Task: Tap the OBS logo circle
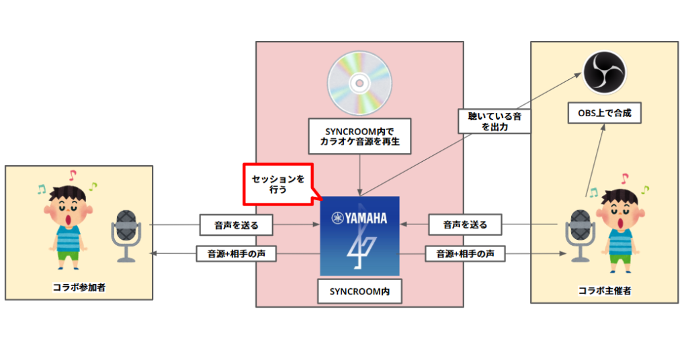tap(603, 73)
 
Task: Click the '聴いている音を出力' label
tap(494, 121)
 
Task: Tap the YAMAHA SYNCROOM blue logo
tap(359, 236)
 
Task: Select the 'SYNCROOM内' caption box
tap(359, 291)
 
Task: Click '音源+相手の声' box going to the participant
tap(234, 254)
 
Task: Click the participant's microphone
tap(126, 235)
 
